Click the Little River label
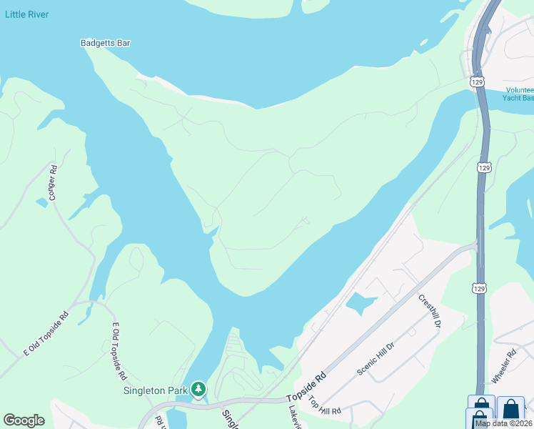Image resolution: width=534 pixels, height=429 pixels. (x=26, y=14)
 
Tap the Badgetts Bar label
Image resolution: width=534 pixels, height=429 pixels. (x=105, y=43)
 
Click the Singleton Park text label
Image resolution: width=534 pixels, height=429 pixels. (x=155, y=390)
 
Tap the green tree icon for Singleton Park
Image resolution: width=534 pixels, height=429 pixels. (x=198, y=390)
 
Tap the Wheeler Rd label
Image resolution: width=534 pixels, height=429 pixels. (x=504, y=365)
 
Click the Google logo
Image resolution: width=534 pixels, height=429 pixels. (x=24, y=420)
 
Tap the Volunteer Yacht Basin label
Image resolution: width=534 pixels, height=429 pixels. (x=518, y=94)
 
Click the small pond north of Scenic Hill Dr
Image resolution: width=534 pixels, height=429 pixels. (x=360, y=304)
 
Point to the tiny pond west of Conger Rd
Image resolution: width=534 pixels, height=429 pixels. (x=41, y=203)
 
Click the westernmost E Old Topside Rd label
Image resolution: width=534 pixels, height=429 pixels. (x=46, y=334)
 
